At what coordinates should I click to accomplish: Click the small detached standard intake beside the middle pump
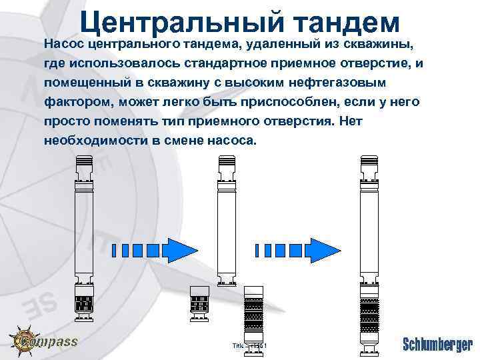200,301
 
